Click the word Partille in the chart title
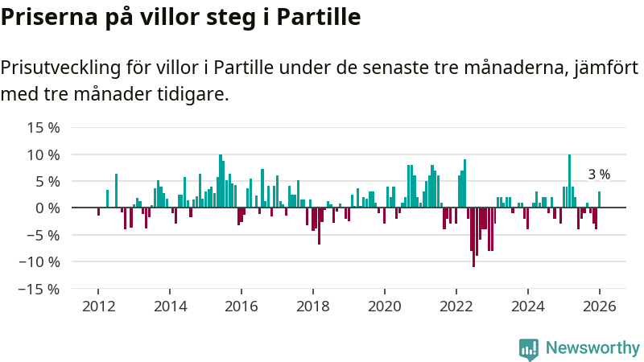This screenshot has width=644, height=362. [318, 16]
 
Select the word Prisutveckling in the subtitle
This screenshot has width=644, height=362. [59, 68]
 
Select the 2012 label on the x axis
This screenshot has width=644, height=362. [98, 306]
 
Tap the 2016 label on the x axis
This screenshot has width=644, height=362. [242, 306]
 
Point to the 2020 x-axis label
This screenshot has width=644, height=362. [385, 306]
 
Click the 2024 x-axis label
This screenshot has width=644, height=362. [528, 306]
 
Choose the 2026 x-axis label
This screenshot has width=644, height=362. [600, 306]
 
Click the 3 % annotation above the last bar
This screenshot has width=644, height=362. [599, 174]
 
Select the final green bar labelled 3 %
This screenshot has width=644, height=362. [599, 200]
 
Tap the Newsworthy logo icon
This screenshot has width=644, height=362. [529, 348]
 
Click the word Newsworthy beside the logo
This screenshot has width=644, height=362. [592, 348]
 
